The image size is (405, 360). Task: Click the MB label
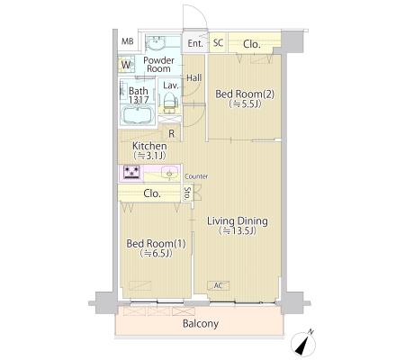coord(127,41)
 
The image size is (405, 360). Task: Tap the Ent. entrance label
coord(195,43)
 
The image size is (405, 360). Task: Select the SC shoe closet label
coord(219,42)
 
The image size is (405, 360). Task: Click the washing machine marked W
coord(126,65)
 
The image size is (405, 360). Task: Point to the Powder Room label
coord(158,64)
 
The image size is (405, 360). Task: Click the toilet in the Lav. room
coord(170,102)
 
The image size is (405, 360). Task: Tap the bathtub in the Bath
coord(137,115)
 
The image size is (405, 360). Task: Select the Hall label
coord(193,78)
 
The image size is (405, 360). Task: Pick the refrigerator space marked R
coord(171,133)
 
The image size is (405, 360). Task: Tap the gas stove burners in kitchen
coord(131,173)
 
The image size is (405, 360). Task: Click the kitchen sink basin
coord(169,173)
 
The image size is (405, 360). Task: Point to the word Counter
coord(196,176)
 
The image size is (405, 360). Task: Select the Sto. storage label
coord(187,193)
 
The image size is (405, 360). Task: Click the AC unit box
coord(219,285)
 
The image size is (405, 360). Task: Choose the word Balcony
coord(201,324)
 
